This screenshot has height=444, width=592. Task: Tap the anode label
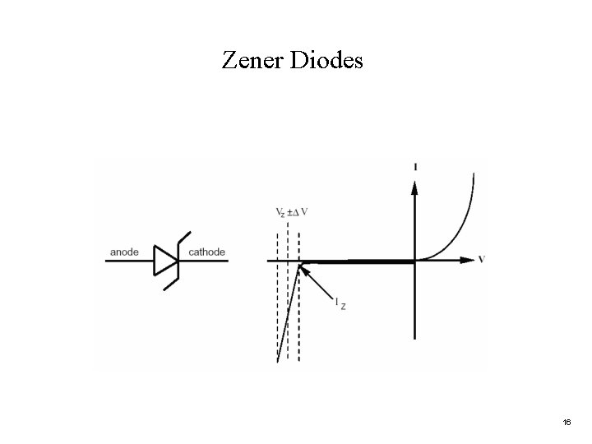point(123,252)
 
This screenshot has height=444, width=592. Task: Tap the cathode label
point(207,252)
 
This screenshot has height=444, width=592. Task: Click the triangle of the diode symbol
point(164,261)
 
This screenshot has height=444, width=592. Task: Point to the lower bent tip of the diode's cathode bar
point(168,287)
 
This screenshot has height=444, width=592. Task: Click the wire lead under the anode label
point(128,261)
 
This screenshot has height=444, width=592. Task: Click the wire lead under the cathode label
point(206,261)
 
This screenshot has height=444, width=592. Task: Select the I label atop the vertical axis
point(415,167)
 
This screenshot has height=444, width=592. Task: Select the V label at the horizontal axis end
point(481,260)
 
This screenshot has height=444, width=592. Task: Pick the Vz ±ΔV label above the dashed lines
point(292,212)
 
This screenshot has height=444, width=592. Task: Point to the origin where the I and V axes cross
point(415,261)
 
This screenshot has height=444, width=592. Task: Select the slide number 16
point(567,422)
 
